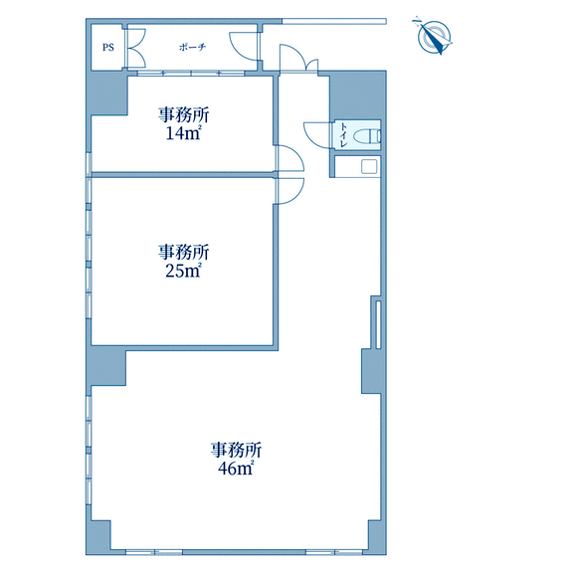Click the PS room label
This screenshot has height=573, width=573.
tap(107, 47)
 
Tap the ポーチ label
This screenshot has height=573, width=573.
tap(193, 47)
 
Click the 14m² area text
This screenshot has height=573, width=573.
tap(183, 133)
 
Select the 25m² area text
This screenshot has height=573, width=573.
tap(183, 271)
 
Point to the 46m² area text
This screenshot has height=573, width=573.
tap(236, 468)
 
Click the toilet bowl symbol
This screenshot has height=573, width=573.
tap(367, 136)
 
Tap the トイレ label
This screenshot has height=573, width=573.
tap(343, 135)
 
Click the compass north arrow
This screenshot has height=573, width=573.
tap(434, 37)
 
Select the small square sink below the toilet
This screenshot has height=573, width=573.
tap(369, 167)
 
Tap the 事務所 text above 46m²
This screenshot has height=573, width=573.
tap(236, 450)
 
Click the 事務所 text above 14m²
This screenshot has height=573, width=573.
tap(183, 115)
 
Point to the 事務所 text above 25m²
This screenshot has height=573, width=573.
tap(183, 252)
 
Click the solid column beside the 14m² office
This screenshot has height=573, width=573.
tap(108, 94)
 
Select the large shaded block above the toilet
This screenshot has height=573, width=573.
tap(358, 95)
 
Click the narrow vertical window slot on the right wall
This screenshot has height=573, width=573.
tap(378, 324)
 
